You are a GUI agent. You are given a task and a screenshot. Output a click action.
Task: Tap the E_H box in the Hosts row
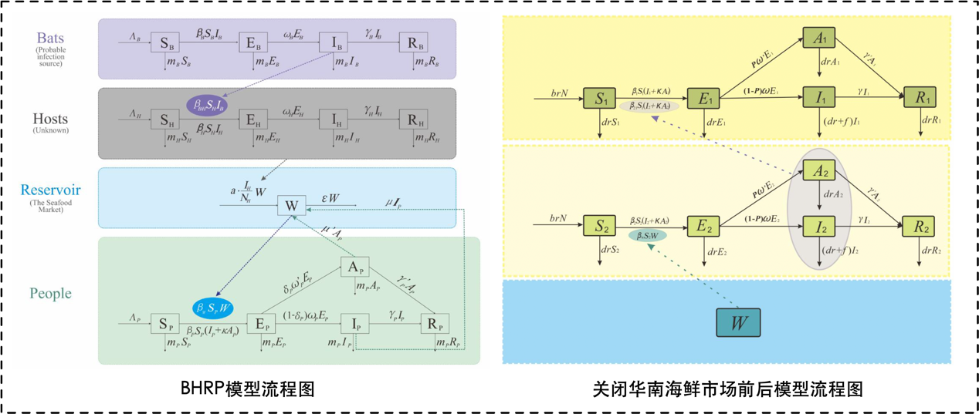click(252, 119)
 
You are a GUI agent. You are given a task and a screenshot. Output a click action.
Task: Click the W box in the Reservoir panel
click(291, 206)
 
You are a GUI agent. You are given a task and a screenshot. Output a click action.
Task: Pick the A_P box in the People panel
click(354, 268)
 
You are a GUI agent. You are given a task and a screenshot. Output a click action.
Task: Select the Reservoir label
click(50, 190)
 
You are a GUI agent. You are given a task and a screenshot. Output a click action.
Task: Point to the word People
click(50, 293)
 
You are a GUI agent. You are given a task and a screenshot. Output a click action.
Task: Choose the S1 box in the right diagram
click(601, 99)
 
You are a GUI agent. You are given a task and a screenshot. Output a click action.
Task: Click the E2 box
click(703, 226)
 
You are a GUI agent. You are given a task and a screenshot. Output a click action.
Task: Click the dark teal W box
click(737, 323)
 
